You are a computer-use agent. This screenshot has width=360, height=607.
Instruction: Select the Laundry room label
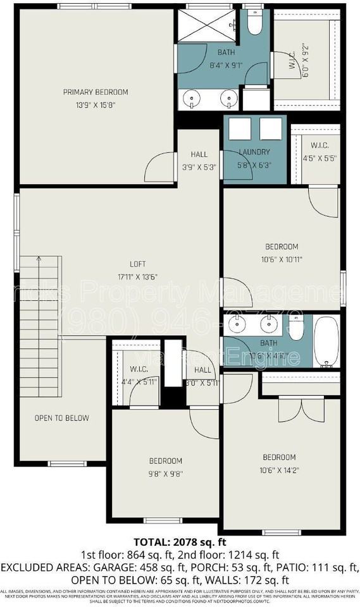[x=254, y=152]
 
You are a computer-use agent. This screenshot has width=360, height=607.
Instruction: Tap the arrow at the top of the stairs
[x=39, y=260]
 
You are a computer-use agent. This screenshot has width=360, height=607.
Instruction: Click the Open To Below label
[x=61, y=418]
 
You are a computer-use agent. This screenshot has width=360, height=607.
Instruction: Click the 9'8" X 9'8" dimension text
[x=166, y=472]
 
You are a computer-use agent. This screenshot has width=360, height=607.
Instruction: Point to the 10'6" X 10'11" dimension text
[x=281, y=258]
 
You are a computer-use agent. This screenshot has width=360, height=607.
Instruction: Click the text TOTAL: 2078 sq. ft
[x=180, y=542]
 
